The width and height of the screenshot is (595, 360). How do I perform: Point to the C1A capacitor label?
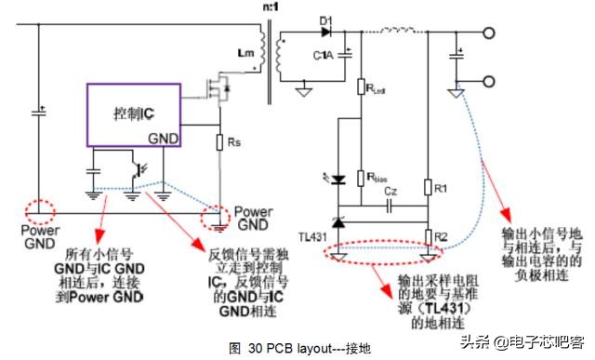point(323,57)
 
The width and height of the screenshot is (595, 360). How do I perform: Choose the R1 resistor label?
point(442,190)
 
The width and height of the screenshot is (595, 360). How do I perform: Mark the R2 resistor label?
point(442,235)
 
